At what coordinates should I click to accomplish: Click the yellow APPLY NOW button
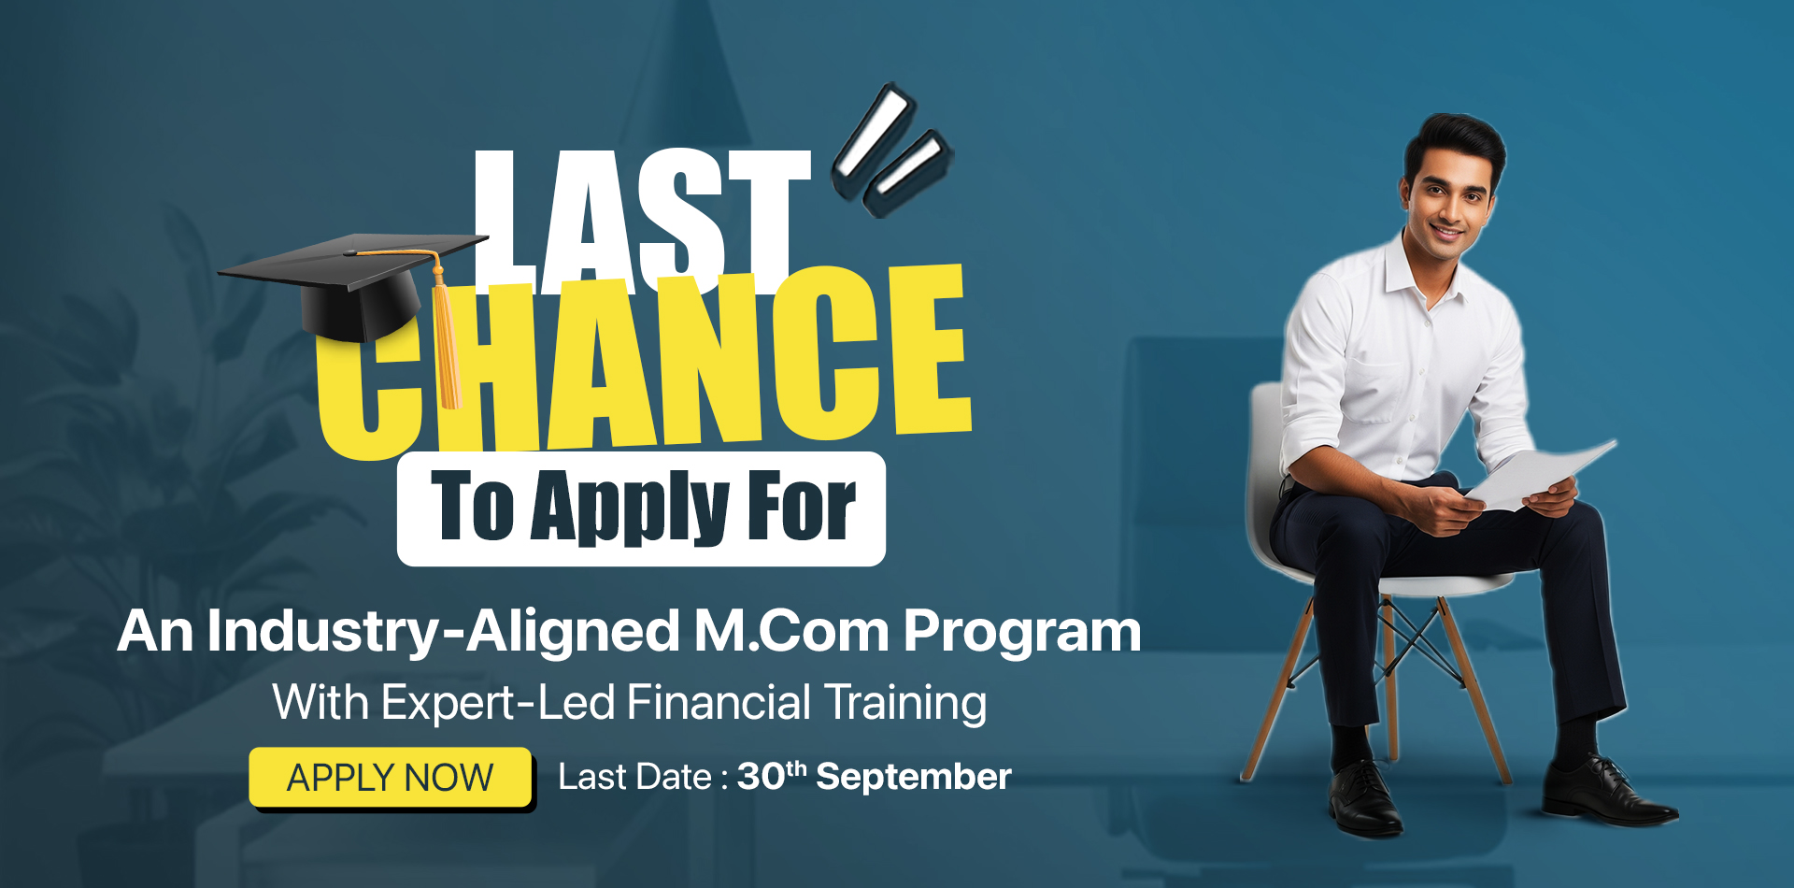coord(391,777)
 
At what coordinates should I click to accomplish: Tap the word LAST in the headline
coord(643,220)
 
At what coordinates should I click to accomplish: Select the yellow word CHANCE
coord(645,360)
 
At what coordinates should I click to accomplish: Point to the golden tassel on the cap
coord(446,337)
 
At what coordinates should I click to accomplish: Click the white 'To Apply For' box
coord(641,508)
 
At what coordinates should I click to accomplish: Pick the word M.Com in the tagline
coord(791,631)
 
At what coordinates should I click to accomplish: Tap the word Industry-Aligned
coord(444,633)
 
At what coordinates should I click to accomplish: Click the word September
coord(914,778)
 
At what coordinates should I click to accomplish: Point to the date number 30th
coord(772,775)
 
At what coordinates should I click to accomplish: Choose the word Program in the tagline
coord(1022,633)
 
